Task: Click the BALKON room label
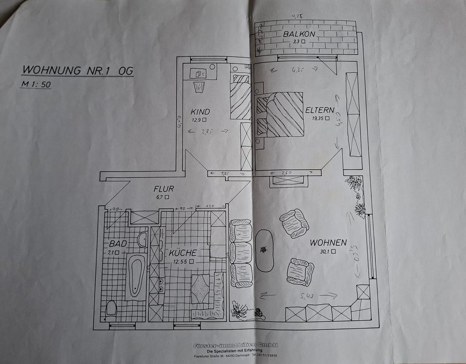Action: (300, 34)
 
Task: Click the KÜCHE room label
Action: (183, 253)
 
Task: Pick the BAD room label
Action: (117, 243)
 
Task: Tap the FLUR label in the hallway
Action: (163, 189)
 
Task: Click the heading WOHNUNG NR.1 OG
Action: (77, 70)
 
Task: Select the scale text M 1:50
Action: (35, 84)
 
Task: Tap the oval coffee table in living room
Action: (265, 250)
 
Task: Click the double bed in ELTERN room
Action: (282, 114)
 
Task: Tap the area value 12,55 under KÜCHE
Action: (181, 261)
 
